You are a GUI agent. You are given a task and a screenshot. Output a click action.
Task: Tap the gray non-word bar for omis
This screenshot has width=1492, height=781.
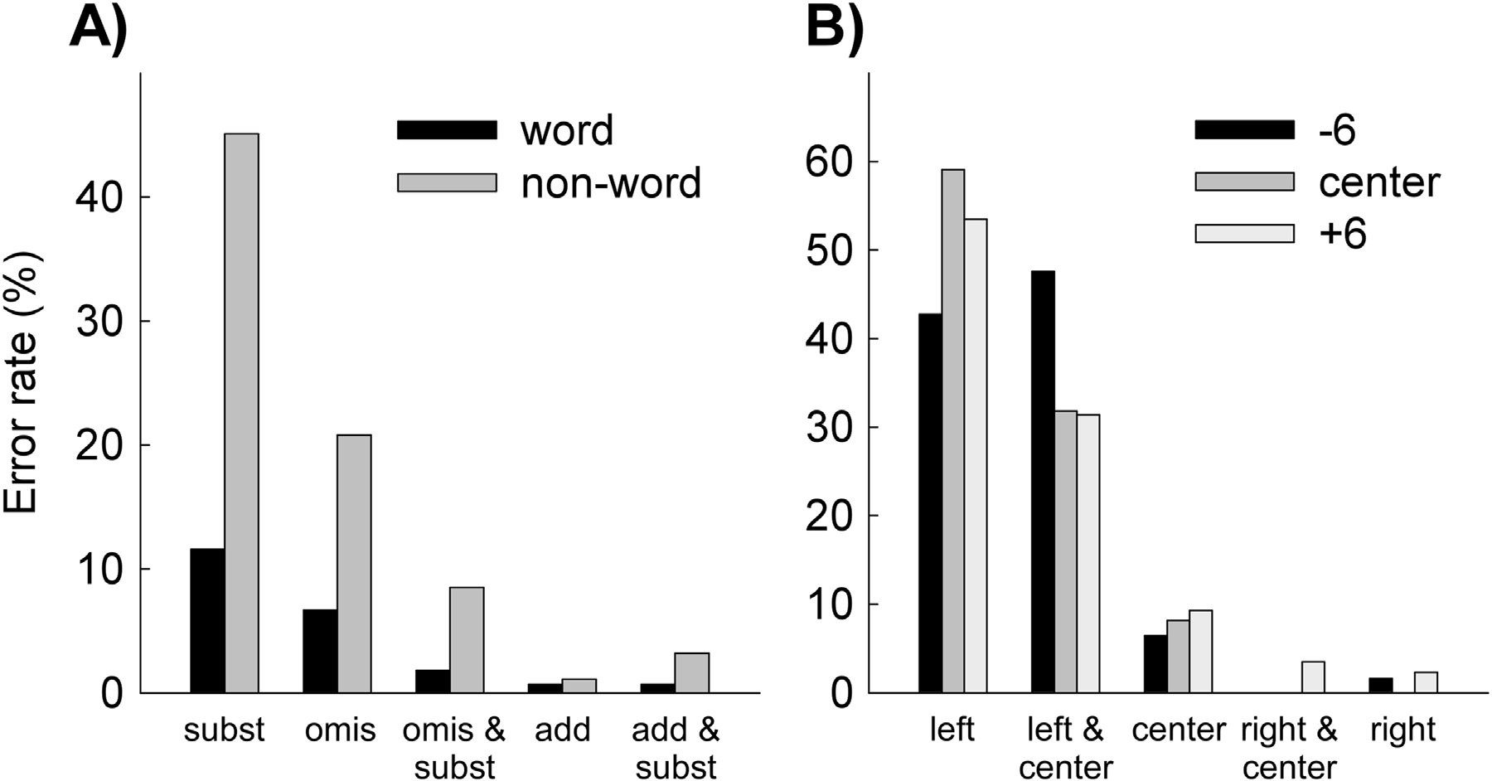click(354, 564)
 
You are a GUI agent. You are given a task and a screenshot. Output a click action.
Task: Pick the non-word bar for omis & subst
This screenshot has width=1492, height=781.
click(467, 640)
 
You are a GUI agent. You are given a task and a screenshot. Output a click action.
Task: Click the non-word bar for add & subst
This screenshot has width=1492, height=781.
click(691, 673)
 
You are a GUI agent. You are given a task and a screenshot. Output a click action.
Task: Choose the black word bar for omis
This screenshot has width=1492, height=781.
click(320, 651)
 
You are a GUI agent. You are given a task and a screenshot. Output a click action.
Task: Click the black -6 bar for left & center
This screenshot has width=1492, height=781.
click(1043, 482)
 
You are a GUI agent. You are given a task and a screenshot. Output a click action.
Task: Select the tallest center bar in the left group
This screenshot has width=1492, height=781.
click(952, 431)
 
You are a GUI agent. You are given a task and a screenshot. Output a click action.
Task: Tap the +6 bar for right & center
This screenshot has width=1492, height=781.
click(1313, 677)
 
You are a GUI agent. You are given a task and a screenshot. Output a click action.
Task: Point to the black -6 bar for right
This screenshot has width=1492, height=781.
click(1380, 685)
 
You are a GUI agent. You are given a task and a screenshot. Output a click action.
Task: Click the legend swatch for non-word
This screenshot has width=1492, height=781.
click(447, 182)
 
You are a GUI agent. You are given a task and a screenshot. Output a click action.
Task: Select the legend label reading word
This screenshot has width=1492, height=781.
click(567, 131)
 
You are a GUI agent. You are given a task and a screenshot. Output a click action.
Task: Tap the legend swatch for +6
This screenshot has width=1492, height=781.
click(1244, 233)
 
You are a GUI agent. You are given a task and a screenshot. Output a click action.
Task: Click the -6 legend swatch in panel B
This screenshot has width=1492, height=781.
click(1244, 129)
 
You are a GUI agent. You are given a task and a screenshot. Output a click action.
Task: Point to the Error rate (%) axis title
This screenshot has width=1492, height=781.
click(22, 381)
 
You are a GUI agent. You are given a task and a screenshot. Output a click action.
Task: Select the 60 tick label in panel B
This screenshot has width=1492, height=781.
click(831, 162)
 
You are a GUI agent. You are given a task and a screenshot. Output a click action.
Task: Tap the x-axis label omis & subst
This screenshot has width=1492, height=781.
click(454, 748)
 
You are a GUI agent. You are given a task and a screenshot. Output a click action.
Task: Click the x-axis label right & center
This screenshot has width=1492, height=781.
click(1290, 748)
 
